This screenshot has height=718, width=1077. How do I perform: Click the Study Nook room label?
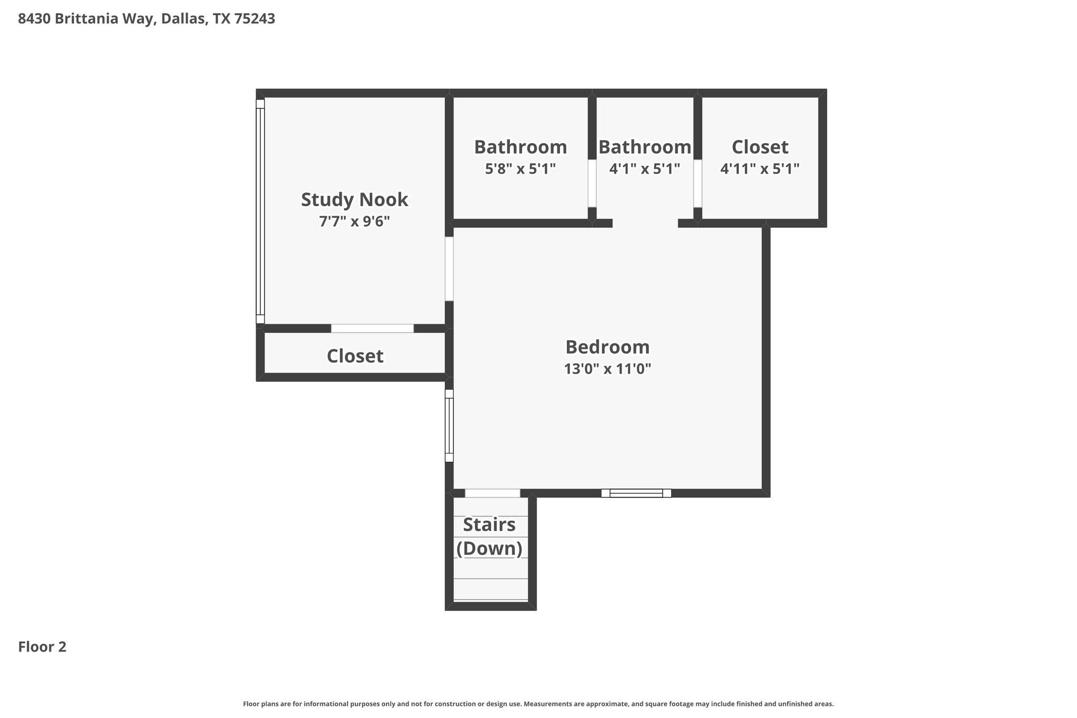(354, 199)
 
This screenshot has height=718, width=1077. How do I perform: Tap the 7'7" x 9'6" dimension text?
(354, 221)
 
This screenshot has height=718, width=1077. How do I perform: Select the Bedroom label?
(607, 347)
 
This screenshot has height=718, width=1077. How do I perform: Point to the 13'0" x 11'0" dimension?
(607, 369)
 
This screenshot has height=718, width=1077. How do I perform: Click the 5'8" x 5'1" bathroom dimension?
(520, 169)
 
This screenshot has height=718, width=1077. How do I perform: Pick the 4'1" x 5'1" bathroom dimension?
(645, 169)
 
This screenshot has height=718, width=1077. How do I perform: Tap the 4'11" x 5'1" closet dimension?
(760, 169)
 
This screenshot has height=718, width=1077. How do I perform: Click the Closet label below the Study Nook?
(355, 356)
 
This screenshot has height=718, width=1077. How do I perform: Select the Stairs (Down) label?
(489, 537)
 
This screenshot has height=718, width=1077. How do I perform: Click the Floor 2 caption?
(42, 647)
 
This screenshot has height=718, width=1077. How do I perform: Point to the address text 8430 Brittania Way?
(86, 19)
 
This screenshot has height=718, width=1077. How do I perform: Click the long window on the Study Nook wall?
(260, 211)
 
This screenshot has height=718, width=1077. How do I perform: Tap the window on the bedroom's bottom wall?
(636, 493)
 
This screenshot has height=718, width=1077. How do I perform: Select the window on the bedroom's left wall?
(449, 426)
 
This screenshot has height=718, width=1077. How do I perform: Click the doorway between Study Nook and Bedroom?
(449, 269)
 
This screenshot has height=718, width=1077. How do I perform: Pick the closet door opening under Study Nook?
(372, 328)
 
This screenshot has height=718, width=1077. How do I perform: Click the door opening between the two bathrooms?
(592, 184)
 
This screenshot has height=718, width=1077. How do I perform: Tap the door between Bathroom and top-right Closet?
(698, 184)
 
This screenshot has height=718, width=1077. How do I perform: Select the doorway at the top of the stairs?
(493, 493)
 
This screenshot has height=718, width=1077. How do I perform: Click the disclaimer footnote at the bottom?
(538, 704)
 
